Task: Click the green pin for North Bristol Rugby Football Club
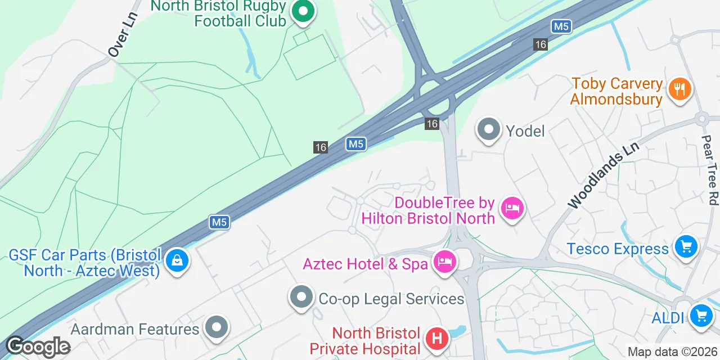point(303,11)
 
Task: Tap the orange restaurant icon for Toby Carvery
point(679,89)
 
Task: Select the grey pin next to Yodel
point(488,130)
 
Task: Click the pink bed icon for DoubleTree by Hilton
point(512,209)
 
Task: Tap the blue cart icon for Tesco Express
point(686,246)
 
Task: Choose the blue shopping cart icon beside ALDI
point(701,314)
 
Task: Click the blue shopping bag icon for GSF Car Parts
point(177,260)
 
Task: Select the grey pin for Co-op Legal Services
point(301,296)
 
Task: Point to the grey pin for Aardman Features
point(216,327)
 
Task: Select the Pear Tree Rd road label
point(710,169)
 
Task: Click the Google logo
point(38,346)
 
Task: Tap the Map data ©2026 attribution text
point(673,352)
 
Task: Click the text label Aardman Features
point(135,328)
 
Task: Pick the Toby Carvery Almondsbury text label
point(616,92)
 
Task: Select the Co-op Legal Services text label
point(391,299)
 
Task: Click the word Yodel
point(525,131)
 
